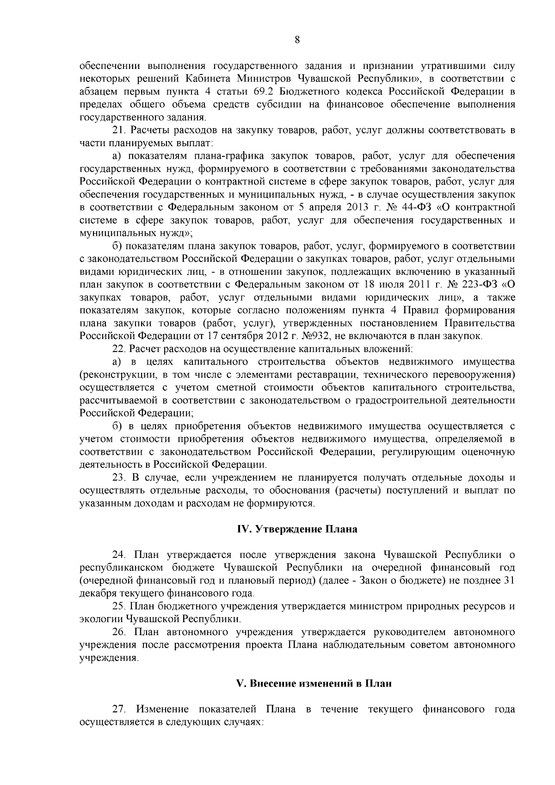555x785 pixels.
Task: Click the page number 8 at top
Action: (x=297, y=41)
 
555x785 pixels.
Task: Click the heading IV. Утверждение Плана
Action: (x=297, y=529)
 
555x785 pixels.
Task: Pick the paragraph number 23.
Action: (x=119, y=477)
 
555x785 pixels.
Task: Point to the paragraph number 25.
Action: (x=119, y=606)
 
